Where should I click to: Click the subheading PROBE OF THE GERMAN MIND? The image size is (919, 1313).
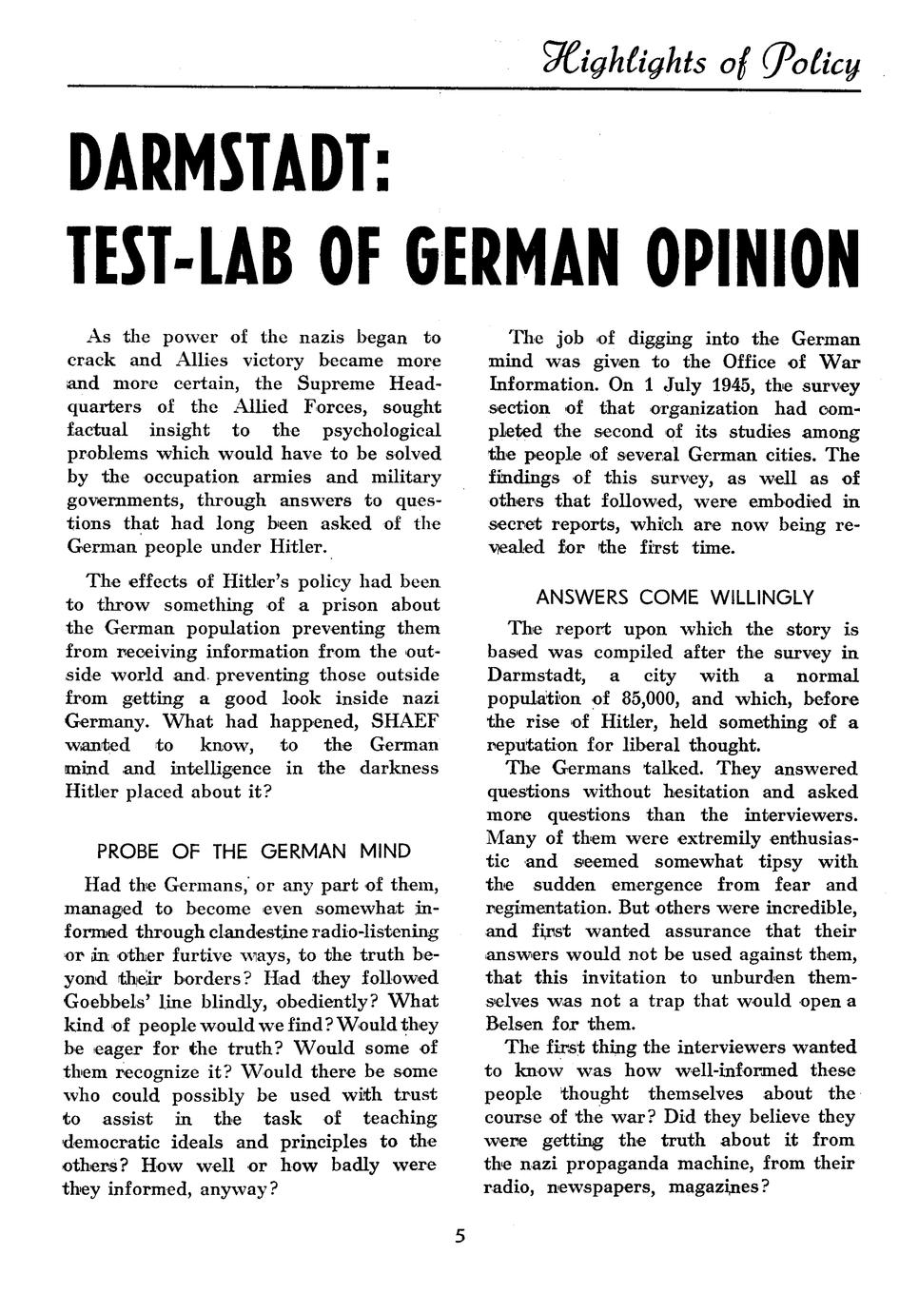pos(254,851)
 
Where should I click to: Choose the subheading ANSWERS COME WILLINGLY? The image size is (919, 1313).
pos(675,598)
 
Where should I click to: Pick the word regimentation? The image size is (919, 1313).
pos(553,908)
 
